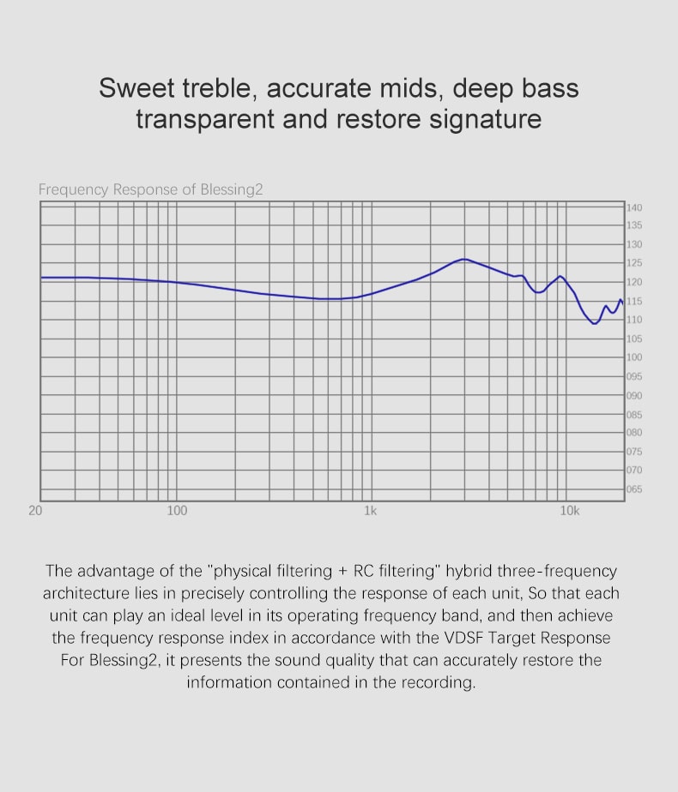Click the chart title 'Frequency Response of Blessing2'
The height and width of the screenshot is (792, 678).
(150, 189)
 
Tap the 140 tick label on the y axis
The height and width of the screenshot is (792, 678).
(634, 207)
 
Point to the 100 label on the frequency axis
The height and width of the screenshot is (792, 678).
(177, 511)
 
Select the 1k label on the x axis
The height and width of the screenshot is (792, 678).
(370, 511)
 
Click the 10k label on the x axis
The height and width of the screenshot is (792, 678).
(570, 511)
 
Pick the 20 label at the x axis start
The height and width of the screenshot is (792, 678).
(35, 511)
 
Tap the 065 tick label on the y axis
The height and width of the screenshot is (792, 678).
(634, 489)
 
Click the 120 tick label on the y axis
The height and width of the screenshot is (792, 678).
(634, 282)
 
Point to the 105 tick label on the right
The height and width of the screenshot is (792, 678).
(634, 339)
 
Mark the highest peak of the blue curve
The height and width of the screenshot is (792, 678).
(463, 259)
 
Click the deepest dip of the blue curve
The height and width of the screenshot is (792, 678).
(595, 323)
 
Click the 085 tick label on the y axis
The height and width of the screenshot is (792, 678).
(634, 414)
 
